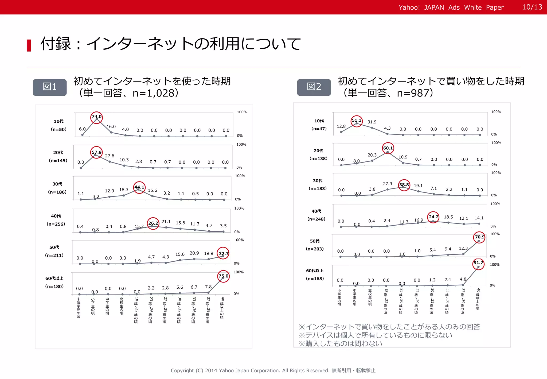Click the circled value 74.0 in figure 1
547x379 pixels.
point(96,117)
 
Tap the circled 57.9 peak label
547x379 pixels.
point(96,152)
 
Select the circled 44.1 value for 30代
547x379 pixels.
point(139,187)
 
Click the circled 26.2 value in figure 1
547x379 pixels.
point(153,223)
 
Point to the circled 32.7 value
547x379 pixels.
point(223,253)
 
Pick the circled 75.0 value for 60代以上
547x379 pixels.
point(223,276)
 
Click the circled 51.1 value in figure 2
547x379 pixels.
point(357,121)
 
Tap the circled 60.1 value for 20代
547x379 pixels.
point(388,148)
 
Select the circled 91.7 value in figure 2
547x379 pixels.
point(478,263)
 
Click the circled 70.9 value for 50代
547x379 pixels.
point(479,237)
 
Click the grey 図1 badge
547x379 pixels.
point(50,87)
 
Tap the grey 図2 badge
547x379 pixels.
point(314,87)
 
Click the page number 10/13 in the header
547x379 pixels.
point(532,7)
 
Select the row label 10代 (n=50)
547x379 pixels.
point(59,125)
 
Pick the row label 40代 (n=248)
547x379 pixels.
point(316,215)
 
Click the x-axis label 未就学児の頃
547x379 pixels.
point(79,308)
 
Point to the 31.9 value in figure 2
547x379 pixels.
point(372,122)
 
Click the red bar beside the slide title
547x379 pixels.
point(29,45)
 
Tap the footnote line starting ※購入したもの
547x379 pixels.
point(340,344)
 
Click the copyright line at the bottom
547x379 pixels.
point(273,370)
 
